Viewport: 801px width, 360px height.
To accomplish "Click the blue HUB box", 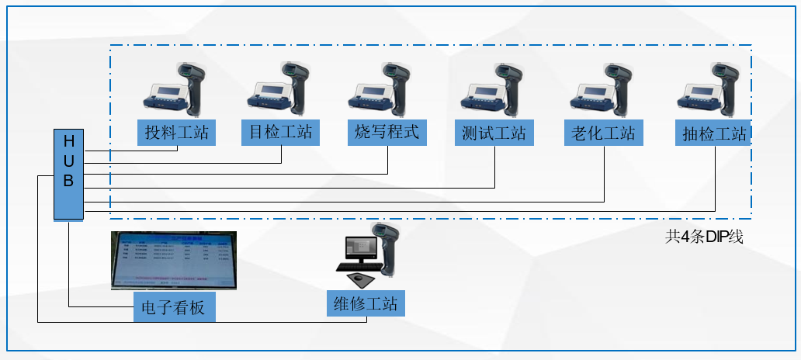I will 68,175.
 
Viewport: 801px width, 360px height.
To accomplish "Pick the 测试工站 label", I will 494,133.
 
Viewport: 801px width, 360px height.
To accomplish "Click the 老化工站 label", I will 603,133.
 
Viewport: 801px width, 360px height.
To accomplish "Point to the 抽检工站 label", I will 713,133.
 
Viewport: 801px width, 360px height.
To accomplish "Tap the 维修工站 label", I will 366,303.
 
